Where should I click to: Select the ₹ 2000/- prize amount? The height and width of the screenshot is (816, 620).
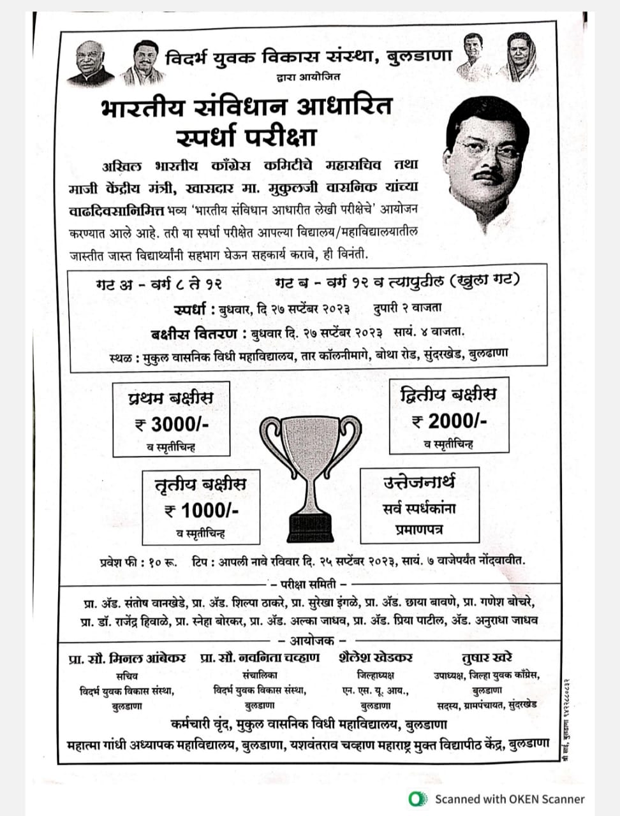[450, 421]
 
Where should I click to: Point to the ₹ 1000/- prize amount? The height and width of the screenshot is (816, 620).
[201, 510]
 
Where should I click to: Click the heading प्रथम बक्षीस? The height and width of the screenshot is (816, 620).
[170, 398]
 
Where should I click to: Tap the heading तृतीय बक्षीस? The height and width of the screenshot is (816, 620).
[200, 484]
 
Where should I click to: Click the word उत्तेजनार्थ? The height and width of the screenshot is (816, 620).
[419, 482]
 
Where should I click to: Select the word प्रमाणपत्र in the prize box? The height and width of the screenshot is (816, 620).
[419, 529]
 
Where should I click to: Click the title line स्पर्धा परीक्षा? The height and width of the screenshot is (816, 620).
[246, 136]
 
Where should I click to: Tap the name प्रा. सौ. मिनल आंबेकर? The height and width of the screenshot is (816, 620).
[128, 658]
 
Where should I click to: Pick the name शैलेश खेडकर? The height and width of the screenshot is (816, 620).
[376, 657]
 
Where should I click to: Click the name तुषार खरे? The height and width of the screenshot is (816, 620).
[487, 657]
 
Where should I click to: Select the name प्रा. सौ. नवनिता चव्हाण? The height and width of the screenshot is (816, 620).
[260, 658]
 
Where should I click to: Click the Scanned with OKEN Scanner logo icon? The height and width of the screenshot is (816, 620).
[418, 798]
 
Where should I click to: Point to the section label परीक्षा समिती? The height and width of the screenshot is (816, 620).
[309, 583]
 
